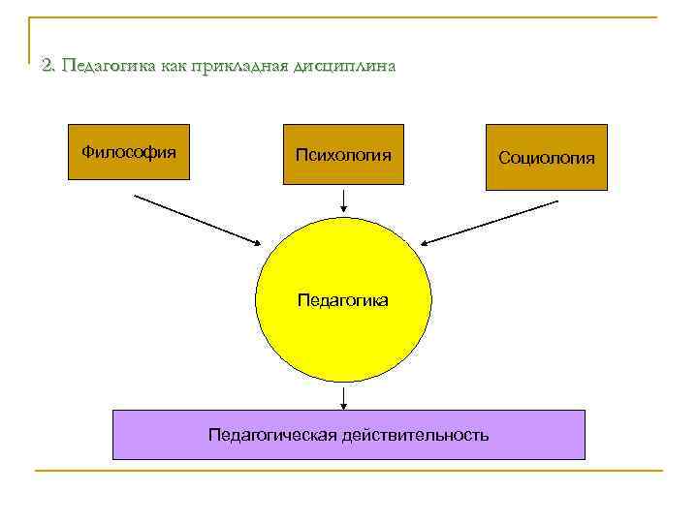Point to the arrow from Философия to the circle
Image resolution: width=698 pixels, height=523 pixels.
coord(199,220)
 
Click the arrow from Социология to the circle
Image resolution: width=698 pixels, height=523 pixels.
coord(491,222)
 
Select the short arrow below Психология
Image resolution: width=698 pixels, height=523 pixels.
coord(343,201)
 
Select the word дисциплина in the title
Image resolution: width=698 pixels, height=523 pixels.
coord(342,66)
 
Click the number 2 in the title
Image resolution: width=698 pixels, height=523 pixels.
coord(48,66)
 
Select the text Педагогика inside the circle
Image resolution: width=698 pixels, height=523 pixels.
coord(342,300)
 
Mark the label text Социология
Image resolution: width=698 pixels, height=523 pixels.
coord(546,158)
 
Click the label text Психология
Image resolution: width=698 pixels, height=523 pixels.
coord(342,155)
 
